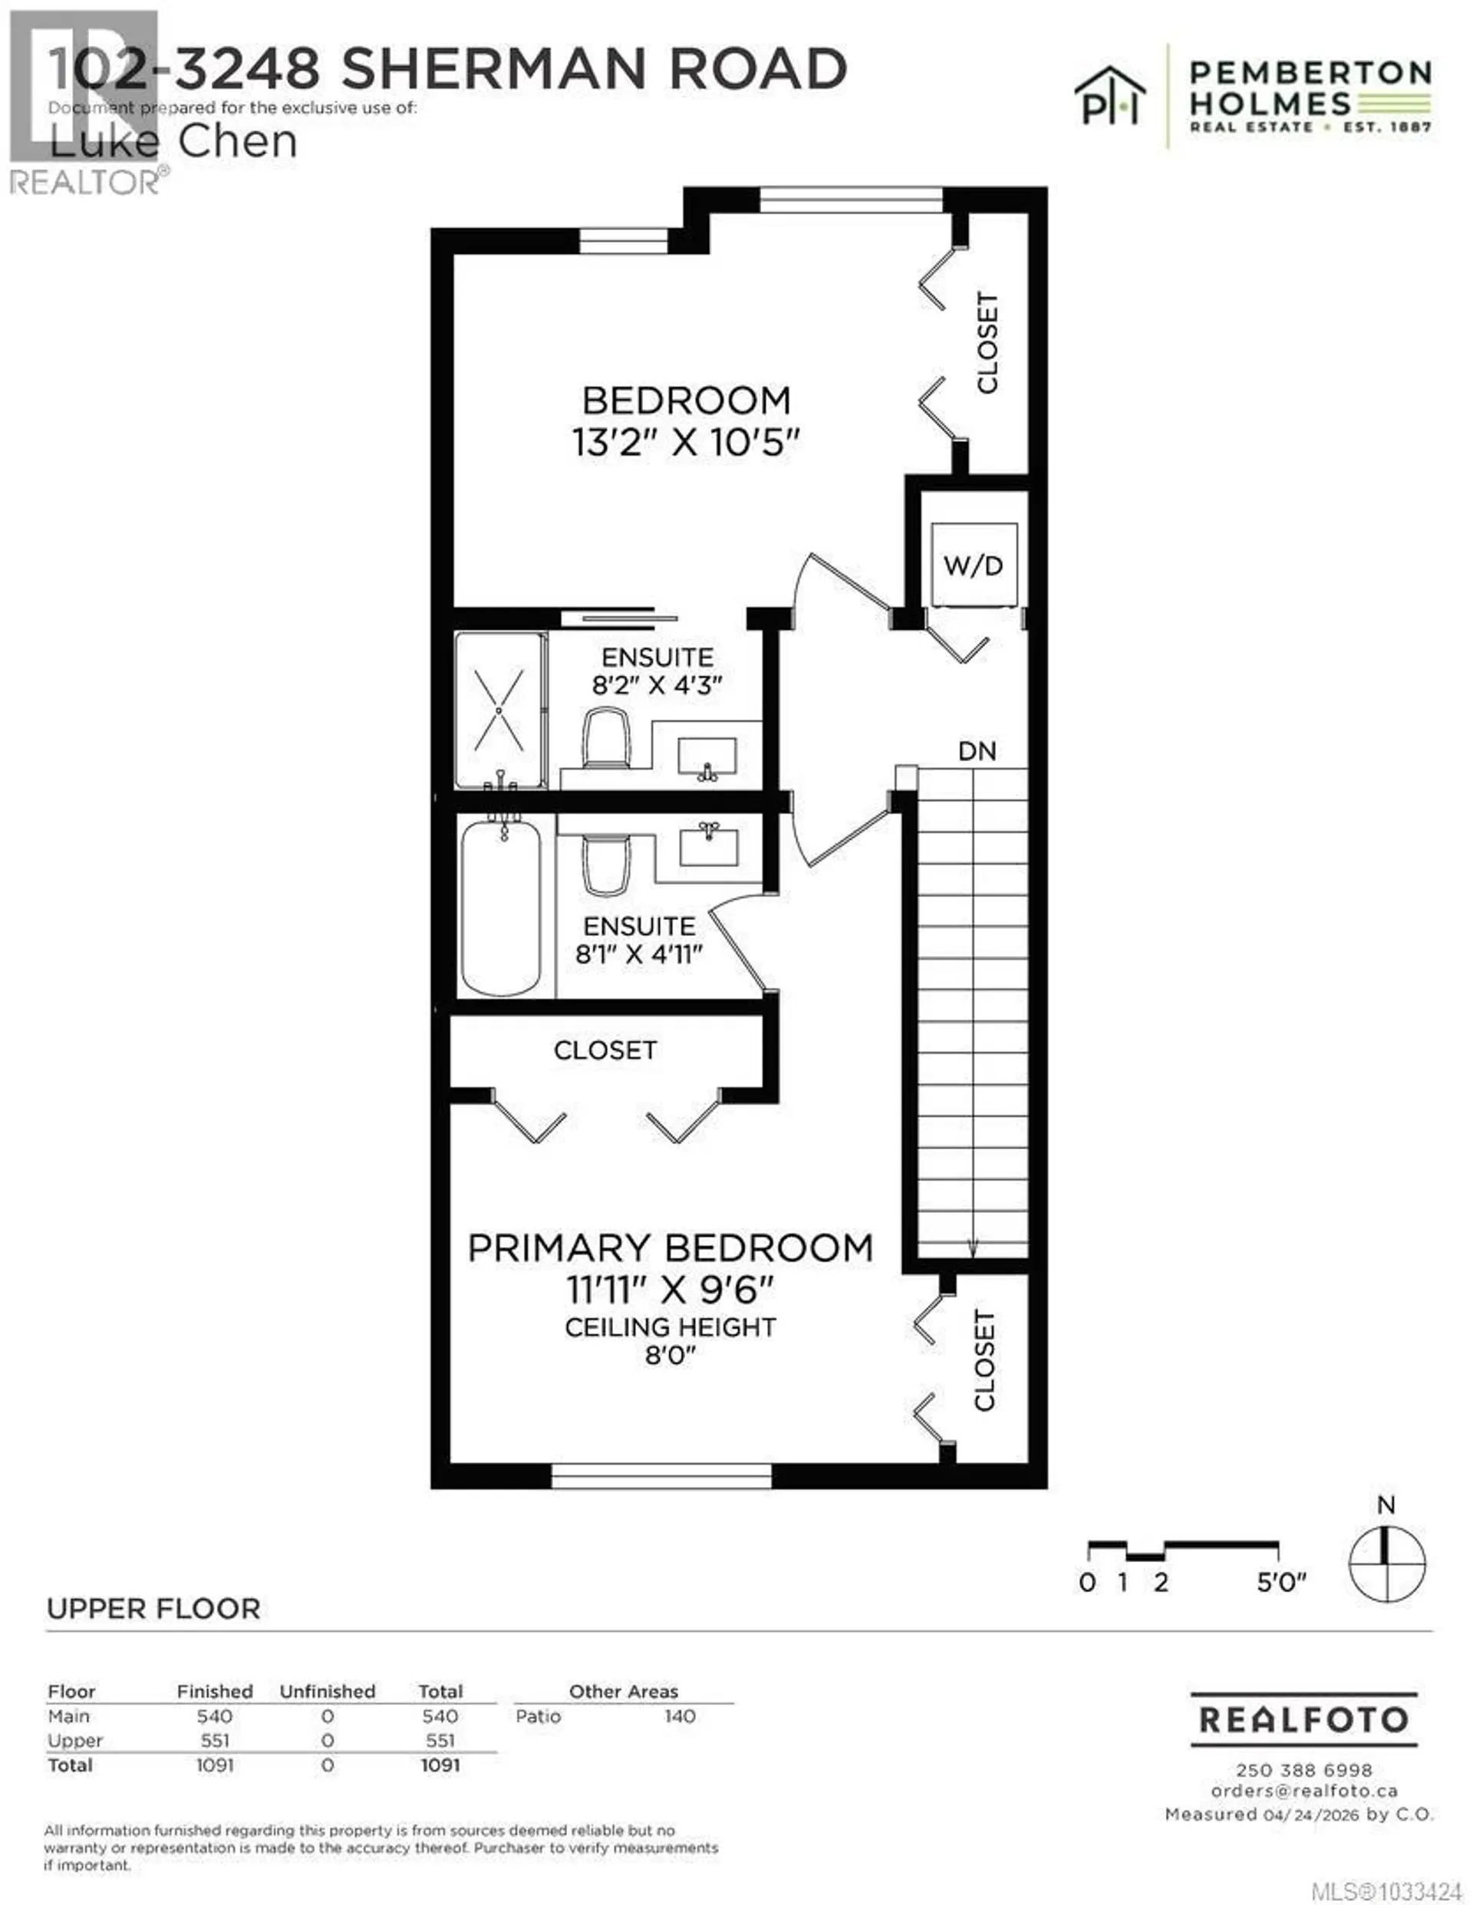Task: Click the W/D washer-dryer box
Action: click(x=974, y=565)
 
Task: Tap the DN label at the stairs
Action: click(x=977, y=751)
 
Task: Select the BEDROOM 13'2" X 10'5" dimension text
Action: click(x=685, y=442)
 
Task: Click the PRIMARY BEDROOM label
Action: click(x=670, y=1248)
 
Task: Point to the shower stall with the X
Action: click(x=499, y=709)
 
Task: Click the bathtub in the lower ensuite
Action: click(x=501, y=907)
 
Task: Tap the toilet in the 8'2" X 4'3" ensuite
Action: click(x=606, y=739)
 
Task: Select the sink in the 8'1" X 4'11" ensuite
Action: click(x=709, y=845)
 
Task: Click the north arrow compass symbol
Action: click(x=1386, y=1564)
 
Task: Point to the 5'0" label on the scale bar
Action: click(x=1280, y=1582)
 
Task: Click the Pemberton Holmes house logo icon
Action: click(x=1109, y=96)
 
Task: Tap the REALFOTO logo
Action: click(x=1303, y=1719)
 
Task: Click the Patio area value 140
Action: click(x=680, y=1715)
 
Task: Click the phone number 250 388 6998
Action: click(x=1303, y=1770)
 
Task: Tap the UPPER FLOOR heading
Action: click(x=153, y=1608)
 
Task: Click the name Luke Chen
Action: click(x=173, y=142)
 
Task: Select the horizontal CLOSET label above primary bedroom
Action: click(x=605, y=1050)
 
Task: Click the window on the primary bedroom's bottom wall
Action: click(x=661, y=1476)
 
